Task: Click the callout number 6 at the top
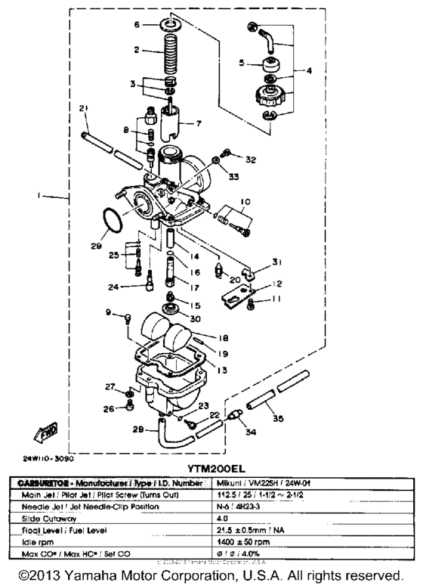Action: (x=137, y=25)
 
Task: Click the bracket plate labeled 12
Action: (x=237, y=296)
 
